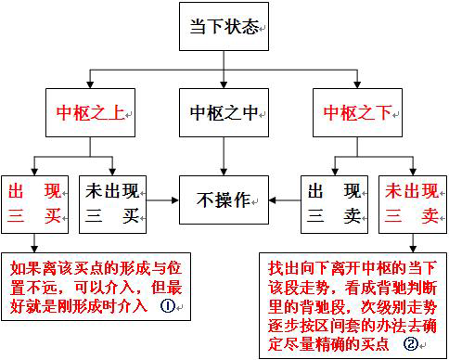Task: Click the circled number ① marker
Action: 167,306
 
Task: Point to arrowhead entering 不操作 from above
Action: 224,174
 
